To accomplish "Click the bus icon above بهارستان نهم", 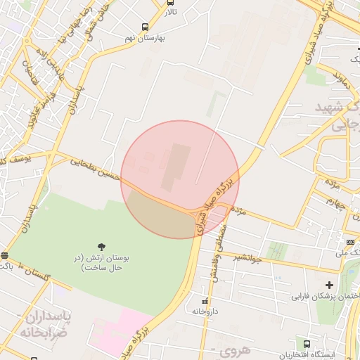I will click(145, 27).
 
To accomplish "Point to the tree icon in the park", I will click(103, 246).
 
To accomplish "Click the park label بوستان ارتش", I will click(103, 262).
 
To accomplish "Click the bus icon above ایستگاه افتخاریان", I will click(307, 344).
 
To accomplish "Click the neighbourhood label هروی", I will click(226, 350).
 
